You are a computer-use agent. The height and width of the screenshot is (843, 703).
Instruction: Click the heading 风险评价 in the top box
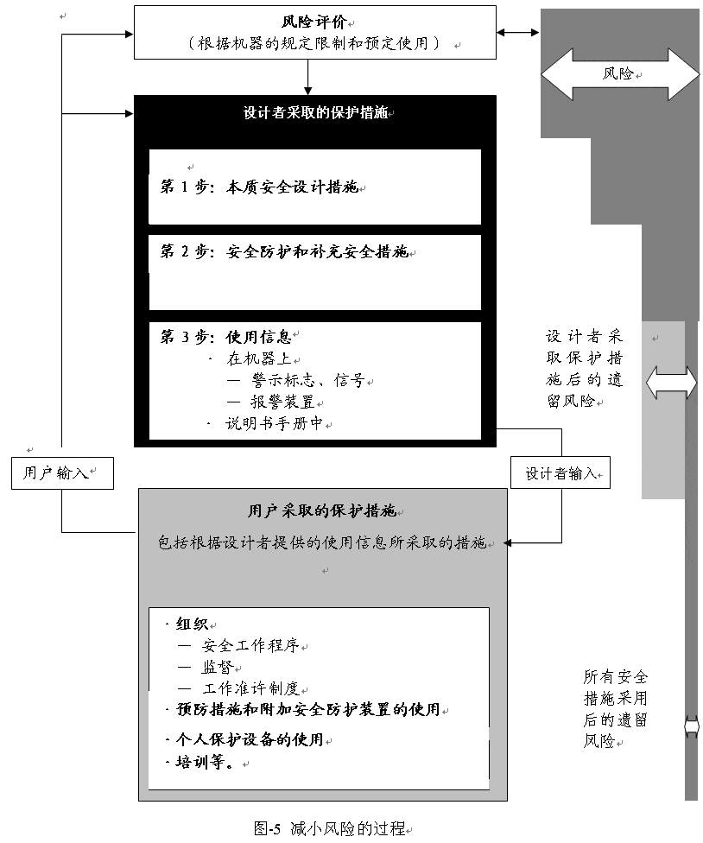(x=313, y=22)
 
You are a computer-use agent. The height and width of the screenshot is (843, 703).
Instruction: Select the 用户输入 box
(x=62, y=473)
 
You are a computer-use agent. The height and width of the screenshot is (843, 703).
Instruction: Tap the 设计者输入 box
(x=560, y=473)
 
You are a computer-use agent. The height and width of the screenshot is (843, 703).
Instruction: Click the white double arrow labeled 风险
(x=620, y=74)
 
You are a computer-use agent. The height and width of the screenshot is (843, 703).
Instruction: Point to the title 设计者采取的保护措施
(x=315, y=113)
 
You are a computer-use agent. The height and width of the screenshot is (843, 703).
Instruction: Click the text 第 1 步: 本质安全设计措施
(x=259, y=187)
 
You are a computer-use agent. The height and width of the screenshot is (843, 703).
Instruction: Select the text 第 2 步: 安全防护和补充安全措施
(x=284, y=251)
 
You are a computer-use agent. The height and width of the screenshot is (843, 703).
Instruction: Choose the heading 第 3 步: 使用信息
(x=225, y=337)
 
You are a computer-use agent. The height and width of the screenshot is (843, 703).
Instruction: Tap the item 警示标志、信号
(x=308, y=381)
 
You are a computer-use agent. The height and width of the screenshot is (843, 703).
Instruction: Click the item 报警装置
(x=282, y=402)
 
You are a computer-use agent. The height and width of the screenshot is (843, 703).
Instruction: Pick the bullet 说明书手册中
(x=274, y=423)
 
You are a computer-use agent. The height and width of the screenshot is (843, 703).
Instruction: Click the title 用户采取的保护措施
(x=322, y=510)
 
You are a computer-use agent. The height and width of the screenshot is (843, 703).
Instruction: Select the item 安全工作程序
(x=250, y=645)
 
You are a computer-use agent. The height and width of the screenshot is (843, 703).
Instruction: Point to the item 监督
(x=218, y=667)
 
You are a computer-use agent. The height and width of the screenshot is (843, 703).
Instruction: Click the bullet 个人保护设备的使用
(x=250, y=739)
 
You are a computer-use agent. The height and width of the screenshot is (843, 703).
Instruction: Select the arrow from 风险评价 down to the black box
(x=308, y=77)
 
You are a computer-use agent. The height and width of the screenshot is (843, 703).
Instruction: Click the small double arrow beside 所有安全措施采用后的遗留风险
(x=692, y=727)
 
